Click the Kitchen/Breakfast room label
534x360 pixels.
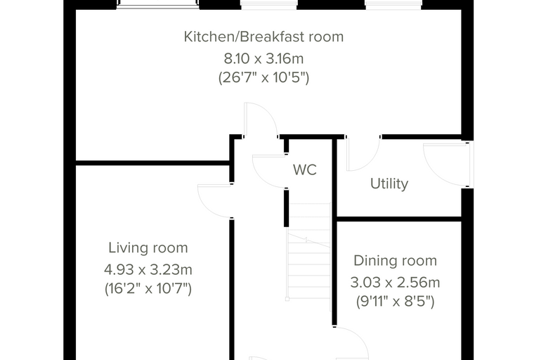pyautogui.click(x=263, y=37)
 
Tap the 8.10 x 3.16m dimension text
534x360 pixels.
pyautogui.click(x=263, y=58)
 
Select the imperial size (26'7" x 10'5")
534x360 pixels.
pyautogui.click(x=263, y=78)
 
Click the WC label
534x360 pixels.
pyautogui.click(x=305, y=169)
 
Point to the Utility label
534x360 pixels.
pyautogui.click(x=389, y=184)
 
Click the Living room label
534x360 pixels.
pyautogui.click(x=148, y=247)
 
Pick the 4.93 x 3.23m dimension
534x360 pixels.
pyautogui.click(x=148, y=270)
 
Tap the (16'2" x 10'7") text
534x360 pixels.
pyautogui.click(x=148, y=289)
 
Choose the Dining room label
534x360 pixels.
pyautogui.click(x=395, y=261)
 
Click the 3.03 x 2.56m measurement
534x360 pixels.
pyautogui.click(x=395, y=283)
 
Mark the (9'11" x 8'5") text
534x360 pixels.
pyautogui.click(x=395, y=302)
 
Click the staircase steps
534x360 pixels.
pyautogui.click(x=309, y=252)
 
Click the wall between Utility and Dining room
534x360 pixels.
pyautogui.click(x=399, y=219)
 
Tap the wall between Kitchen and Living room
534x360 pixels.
pyautogui.click(x=152, y=163)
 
